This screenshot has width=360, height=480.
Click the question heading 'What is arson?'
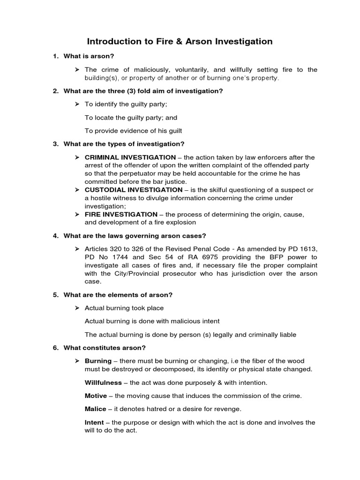pos(89,56)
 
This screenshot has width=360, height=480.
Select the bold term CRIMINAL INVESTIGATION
pos(130,157)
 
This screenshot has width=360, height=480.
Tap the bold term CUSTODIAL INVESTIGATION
pos(133,189)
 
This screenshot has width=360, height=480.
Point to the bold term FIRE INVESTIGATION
pos(121,214)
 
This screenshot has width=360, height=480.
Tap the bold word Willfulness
pos(103,382)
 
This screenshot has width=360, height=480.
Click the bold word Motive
pos(96,396)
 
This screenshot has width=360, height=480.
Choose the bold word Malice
pos(96,409)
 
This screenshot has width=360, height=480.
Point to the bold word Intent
pos(94,422)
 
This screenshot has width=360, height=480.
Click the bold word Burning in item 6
pos(98,361)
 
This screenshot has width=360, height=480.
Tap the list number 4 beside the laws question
pos(55,235)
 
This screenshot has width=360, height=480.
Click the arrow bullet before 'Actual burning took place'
pos(77,308)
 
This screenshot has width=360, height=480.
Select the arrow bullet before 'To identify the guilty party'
pos(77,104)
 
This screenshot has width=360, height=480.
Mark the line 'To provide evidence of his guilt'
pos(133,131)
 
